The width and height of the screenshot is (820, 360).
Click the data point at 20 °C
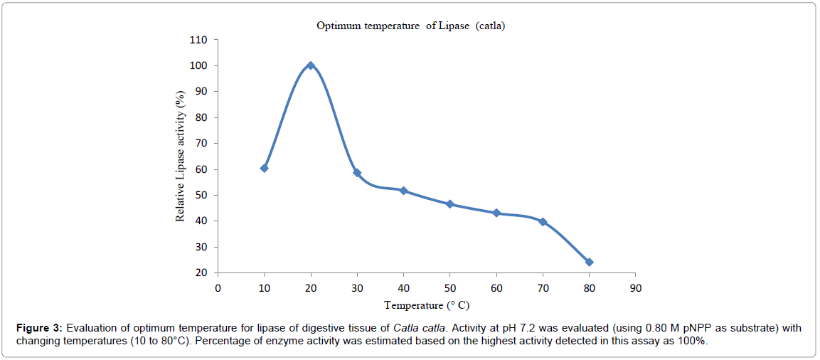[x=311, y=65]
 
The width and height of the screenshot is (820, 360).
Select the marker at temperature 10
[x=264, y=168]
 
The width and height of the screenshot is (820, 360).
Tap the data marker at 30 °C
[x=357, y=173]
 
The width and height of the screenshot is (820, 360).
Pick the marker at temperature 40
[x=403, y=191]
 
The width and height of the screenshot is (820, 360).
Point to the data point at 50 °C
[x=449, y=204]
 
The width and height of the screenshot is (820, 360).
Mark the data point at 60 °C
[x=496, y=213]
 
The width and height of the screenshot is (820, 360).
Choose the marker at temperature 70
[x=543, y=222]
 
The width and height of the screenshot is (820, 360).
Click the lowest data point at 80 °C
[x=589, y=262]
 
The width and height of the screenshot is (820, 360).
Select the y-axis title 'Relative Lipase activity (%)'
[x=181, y=156]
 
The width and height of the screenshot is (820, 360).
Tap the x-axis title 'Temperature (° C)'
[x=427, y=305]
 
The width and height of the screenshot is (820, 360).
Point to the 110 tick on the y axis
[x=198, y=40]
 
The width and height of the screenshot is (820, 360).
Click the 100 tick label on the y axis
[x=198, y=65]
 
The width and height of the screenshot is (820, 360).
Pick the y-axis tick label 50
[x=201, y=195]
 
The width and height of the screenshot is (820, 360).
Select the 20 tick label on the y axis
[x=201, y=272]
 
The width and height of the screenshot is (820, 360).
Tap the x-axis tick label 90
[x=636, y=287]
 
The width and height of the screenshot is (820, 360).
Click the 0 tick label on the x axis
[x=218, y=287]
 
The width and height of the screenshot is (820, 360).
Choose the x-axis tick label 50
[x=449, y=287]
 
